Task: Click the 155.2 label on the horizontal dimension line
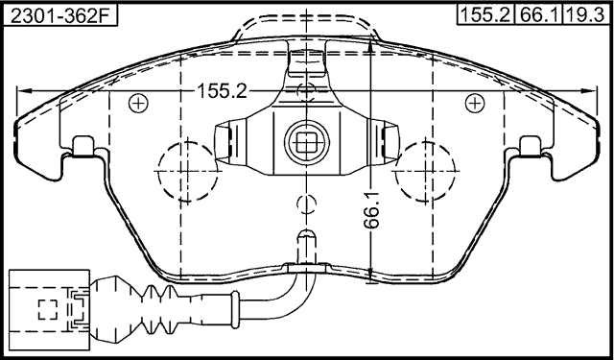tap(223, 91)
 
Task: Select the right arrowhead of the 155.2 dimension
tap(586, 90)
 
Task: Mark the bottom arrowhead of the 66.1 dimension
tap(370, 271)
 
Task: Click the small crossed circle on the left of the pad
tap(138, 103)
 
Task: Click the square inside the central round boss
tap(305, 144)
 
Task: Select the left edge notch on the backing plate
tap(83, 145)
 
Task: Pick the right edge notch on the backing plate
tap(530, 145)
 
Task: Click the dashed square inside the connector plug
tap(47, 309)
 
